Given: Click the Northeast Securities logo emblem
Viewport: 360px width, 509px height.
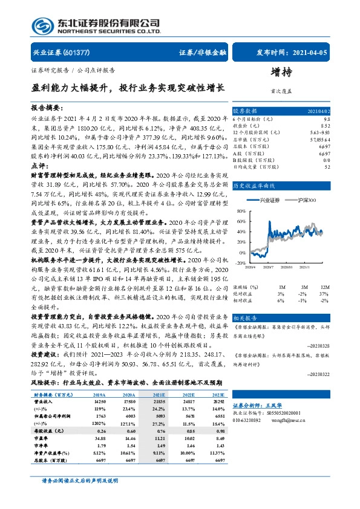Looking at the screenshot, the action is (42, 27).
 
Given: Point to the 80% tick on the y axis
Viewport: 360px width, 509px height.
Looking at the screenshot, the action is (241, 212).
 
